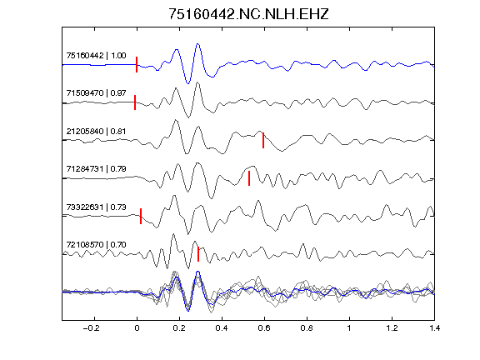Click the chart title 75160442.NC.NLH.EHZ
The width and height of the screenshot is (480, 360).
(x=248, y=14)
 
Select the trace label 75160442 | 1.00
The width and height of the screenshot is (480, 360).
(x=96, y=55)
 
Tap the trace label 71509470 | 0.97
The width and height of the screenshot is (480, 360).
(x=96, y=92)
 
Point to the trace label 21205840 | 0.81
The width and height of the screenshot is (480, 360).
(x=96, y=132)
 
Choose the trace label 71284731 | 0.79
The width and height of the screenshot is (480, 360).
(x=96, y=168)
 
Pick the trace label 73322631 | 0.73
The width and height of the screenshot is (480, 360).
(x=96, y=207)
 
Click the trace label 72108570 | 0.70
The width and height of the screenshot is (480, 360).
(x=96, y=245)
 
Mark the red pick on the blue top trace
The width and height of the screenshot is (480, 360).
(x=137, y=65)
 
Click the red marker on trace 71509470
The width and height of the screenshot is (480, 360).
(x=135, y=102)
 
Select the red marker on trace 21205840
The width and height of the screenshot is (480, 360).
(x=263, y=140)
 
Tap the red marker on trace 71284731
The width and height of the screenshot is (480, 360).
(x=249, y=178)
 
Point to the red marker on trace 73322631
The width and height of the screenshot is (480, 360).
(x=141, y=216)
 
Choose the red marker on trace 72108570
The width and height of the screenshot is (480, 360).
(x=198, y=254)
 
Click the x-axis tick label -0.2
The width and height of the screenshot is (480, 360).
(x=91, y=328)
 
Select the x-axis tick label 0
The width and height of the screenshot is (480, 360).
(x=137, y=328)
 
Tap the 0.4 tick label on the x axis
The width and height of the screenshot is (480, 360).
(x=222, y=328)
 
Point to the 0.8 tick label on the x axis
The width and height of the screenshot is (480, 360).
(x=307, y=328)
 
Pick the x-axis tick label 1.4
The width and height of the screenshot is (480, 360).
(x=434, y=328)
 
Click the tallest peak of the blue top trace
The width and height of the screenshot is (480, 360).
(x=197, y=44)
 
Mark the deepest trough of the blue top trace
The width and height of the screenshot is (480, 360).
(x=188, y=83)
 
